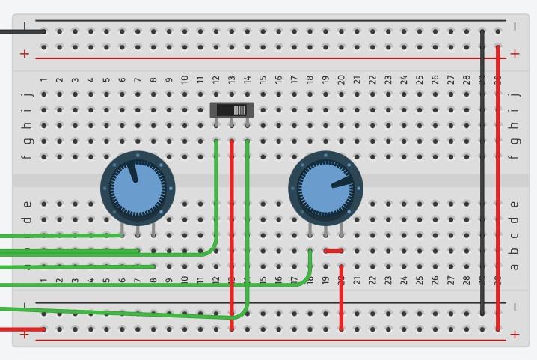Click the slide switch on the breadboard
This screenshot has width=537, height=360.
pyautogui.click(x=232, y=110)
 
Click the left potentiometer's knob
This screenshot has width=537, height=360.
pyautogui.click(x=138, y=187)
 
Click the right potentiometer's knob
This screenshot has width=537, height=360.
pyautogui.click(x=326, y=187)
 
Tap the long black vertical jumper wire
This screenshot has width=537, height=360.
pyautogui.click(x=482, y=172)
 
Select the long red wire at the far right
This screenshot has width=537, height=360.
pyautogui.click(x=498, y=187)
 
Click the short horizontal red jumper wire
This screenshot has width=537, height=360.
pyautogui.click(x=334, y=251)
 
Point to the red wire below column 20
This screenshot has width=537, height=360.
pyautogui.click(x=341, y=303)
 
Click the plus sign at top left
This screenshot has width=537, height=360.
pyautogui.click(x=25, y=53)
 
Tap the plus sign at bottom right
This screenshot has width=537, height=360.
pyautogui.click(x=515, y=334)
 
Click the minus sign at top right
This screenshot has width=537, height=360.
pyautogui.click(x=515, y=27)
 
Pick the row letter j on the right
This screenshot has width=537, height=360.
pyautogui.click(x=514, y=94)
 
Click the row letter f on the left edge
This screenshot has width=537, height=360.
pyautogui.click(x=28, y=156)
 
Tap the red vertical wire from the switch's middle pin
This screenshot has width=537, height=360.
pyautogui.click(x=232, y=225)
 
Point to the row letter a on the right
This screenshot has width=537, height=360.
pyautogui.click(x=514, y=266)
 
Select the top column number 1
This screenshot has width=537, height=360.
pyautogui.click(x=44, y=79)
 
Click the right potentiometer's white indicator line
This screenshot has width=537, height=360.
pyautogui.click(x=341, y=181)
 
